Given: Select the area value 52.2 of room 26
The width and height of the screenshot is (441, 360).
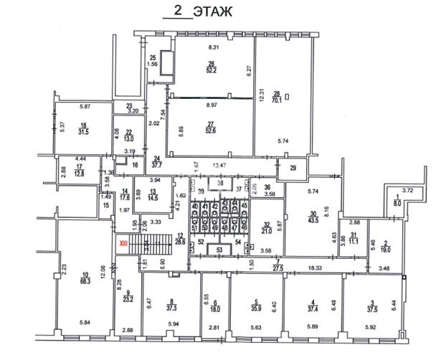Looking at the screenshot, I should pos(212,70).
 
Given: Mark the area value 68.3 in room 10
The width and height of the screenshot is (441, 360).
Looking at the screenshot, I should pos(85,280).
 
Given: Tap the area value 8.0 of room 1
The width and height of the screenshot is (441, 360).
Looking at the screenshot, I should pos(398,204).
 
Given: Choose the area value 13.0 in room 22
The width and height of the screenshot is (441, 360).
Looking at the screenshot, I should pos(129,140).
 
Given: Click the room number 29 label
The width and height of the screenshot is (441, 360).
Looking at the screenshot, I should pos(292,168).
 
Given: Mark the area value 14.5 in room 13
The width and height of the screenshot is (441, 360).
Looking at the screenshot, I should pos(153,197).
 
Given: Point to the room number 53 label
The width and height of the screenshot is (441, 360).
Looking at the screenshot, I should pos(219,250).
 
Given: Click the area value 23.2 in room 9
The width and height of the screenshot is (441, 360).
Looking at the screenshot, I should pos(130,298).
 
